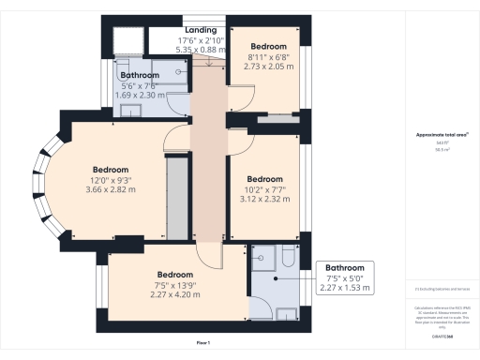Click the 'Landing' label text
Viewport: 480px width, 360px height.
click(x=201, y=30)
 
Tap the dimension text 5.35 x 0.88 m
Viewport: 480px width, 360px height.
click(x=201, y=51)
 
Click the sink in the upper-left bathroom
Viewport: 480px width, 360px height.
click(x=132, y=110)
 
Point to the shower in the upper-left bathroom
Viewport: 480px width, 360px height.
click(x=127, y=42)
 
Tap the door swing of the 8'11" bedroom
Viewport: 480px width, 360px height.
click(x=239, y=90)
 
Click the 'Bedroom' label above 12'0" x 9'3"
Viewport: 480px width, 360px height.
click(x=110, y=170)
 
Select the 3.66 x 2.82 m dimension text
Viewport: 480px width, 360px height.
click(x=110, y=189)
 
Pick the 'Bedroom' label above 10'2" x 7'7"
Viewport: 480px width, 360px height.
click(x=264, y=178)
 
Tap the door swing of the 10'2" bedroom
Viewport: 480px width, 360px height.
click(x=241, y=141)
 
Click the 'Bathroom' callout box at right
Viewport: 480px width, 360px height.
click(x=343, y=278)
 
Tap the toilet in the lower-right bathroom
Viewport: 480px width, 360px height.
click(x=288, y=255)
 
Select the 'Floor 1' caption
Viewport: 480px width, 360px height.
click(x=203, y=344)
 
